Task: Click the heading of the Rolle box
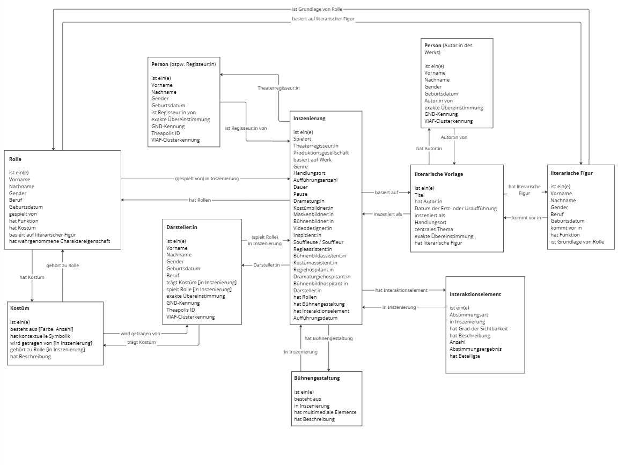tap(16, 159)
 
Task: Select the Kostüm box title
tap(20, 308)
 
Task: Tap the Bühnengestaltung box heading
tap(317, 378)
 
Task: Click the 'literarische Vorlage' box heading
tap(439, 174)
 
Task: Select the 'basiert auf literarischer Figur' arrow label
tap(323, 19)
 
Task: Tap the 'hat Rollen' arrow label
tap(200, 200)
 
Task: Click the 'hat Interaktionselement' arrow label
tap(401, 290)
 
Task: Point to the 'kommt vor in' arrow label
tap(527, 218)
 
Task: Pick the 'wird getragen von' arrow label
tap(141, 334)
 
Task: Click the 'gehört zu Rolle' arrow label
tap(63, 265)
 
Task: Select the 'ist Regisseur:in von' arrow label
tap(246, 128)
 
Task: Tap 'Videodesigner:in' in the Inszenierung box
tap(313, 228)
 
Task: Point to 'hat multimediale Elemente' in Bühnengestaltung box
tap(325, 412)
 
